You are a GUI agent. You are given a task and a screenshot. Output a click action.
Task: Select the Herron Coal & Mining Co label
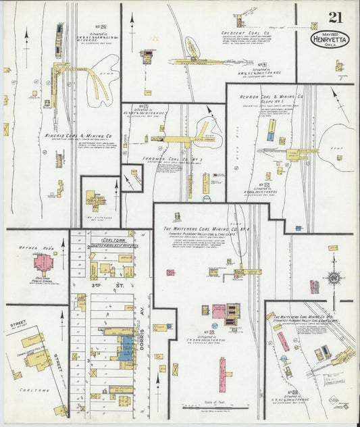click(272, 97)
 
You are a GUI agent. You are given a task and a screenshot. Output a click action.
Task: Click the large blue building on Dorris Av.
click(126, 347)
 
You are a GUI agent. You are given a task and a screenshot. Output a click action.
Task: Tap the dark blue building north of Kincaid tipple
click(60, 30)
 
